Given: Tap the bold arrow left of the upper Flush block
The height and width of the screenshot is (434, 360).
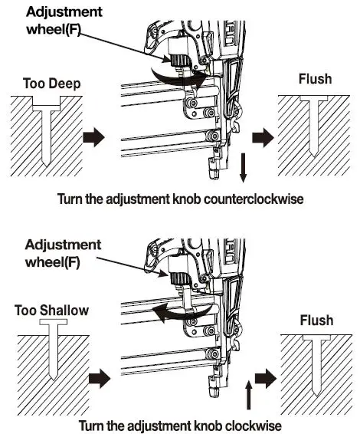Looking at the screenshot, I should tap(262, 139).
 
